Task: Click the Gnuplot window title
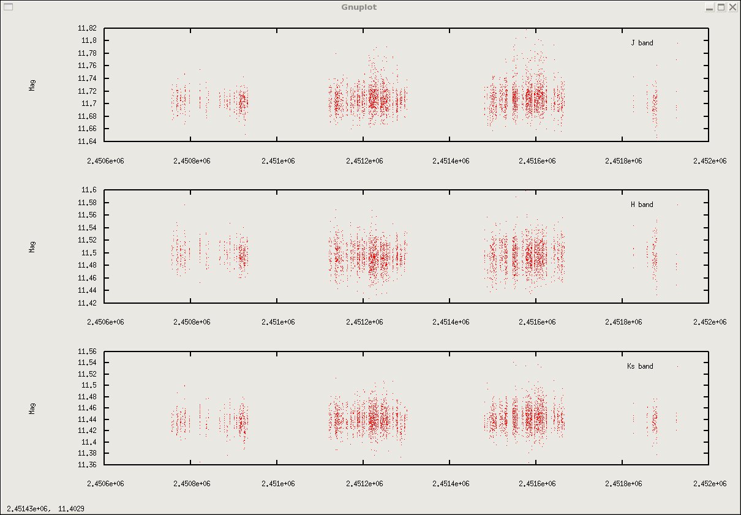tap(359, 7)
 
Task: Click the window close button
tap(732, 7)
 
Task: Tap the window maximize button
tap(721, 7)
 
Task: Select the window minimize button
tap(709, 7)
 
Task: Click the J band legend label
tap(642, 43)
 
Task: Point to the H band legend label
tap(642, 205)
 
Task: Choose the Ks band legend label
tap(640, 366)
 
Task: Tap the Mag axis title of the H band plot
tap(32, 246)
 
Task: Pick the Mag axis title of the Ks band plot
tap(32, 408)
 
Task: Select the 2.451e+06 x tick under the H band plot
tap(278, 322)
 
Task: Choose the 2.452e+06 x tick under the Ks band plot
tap(710, 484)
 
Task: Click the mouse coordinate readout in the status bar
tap(46, 508)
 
